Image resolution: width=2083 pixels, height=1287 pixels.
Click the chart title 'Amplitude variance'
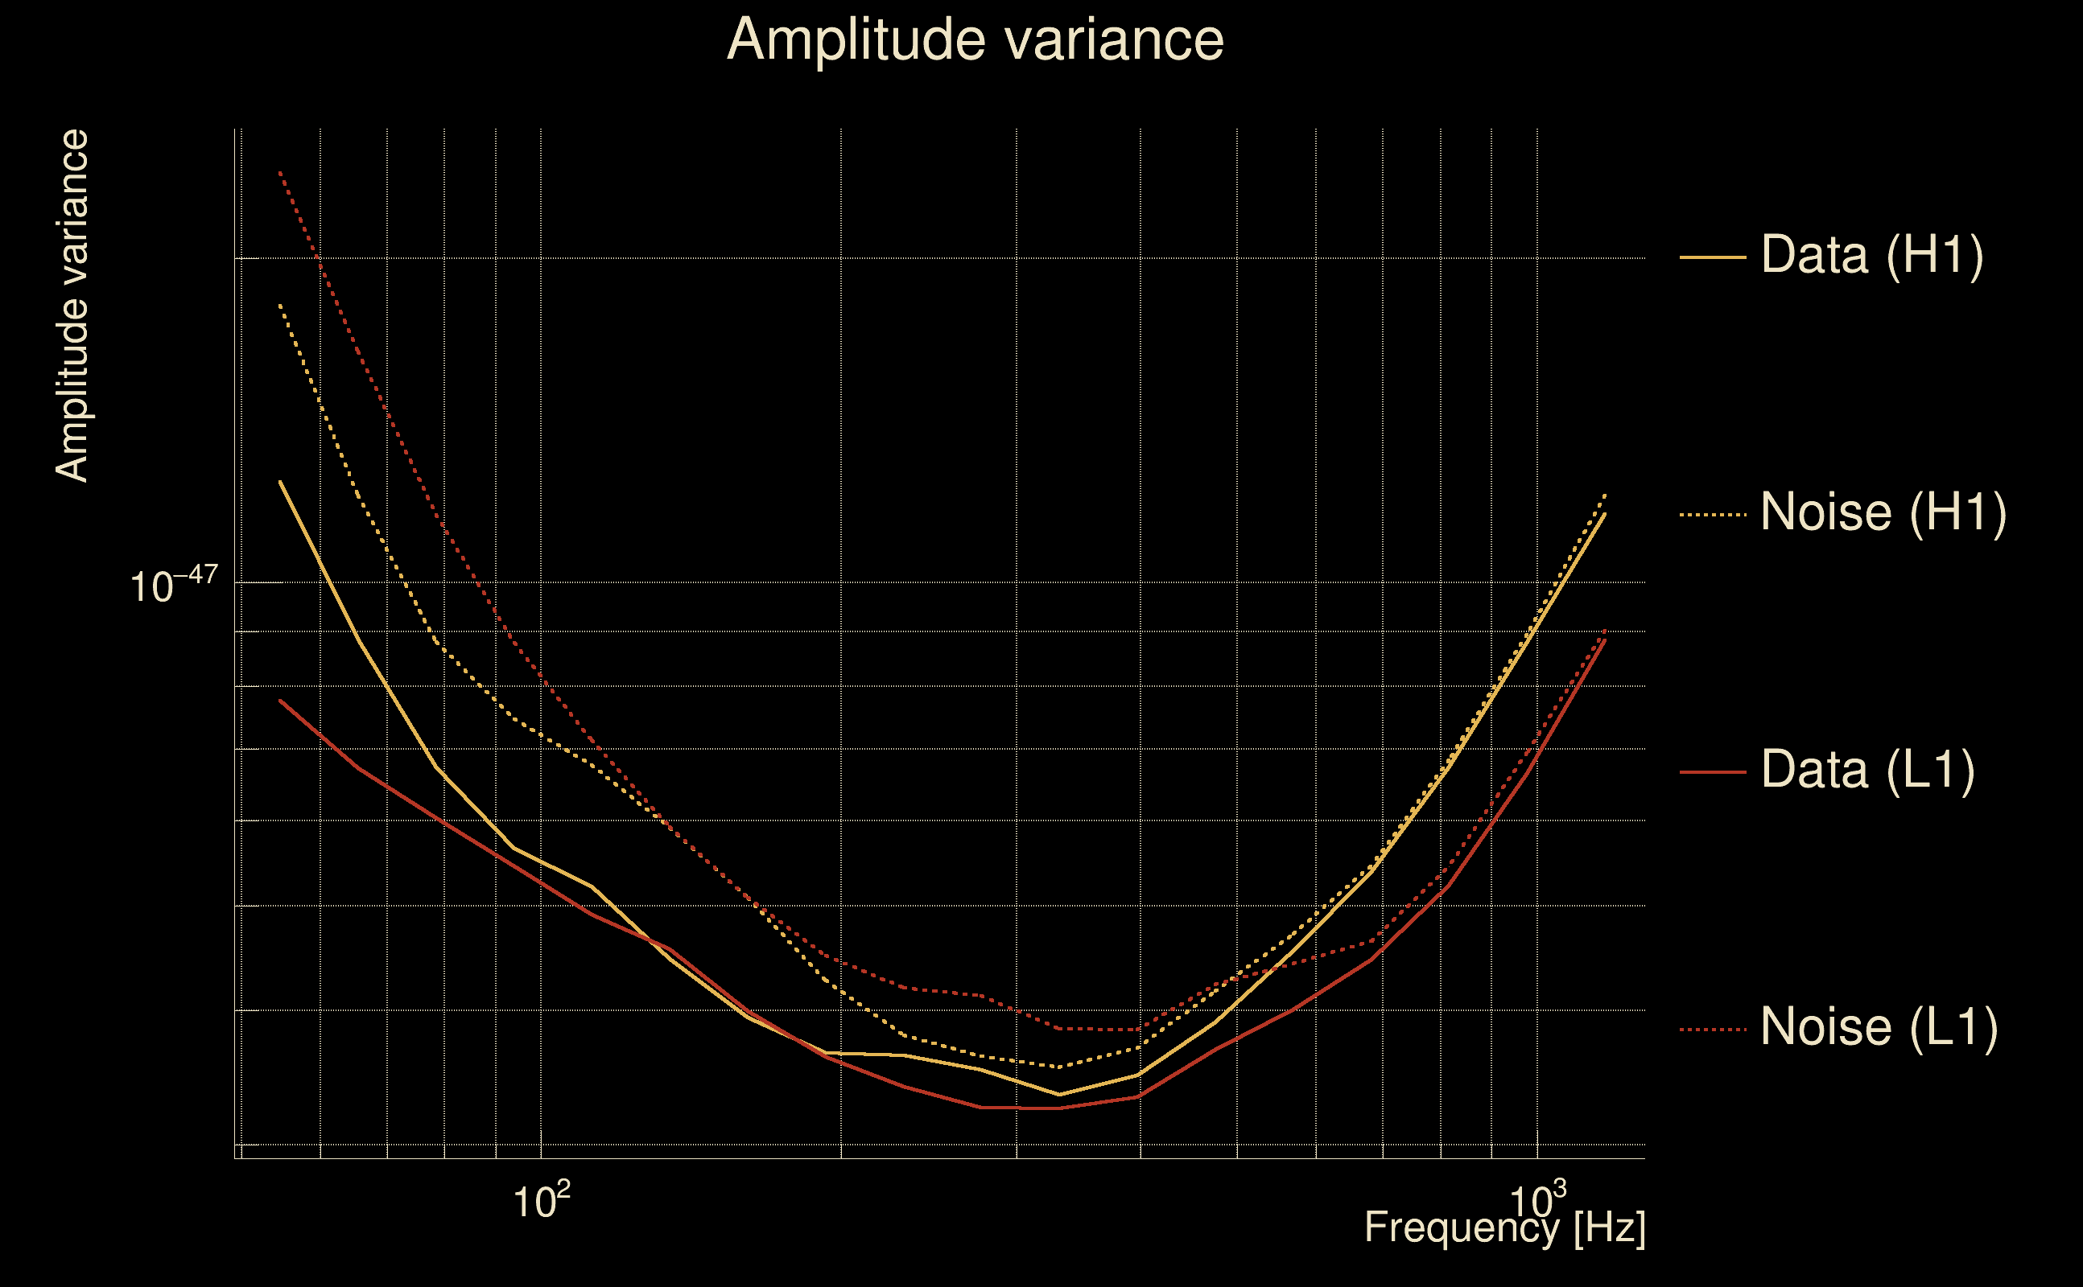[974, 40]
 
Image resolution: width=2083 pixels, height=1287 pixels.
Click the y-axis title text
[72, 306]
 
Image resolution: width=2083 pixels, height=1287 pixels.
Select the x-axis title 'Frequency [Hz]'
[1504, 1228]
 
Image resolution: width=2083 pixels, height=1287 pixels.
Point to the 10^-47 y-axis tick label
[174, 586]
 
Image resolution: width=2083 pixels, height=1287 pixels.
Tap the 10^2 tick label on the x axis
[540, 1201]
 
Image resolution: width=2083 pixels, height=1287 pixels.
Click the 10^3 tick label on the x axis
[1536, 1201]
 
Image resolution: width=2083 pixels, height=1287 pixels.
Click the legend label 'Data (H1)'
[1872, 254]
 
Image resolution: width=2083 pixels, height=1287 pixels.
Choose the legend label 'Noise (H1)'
[1883, 512]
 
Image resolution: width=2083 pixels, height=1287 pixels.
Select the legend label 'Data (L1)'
[1867, 771]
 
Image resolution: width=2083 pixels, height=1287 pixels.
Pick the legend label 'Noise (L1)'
[1879, 1026]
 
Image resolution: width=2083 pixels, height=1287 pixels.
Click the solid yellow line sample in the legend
[1712, 257]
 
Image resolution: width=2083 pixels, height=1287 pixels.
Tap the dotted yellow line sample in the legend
[1712, 515]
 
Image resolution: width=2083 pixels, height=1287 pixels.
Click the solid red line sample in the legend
[1712, 772]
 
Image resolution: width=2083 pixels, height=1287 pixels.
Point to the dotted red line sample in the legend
[1712, 1029]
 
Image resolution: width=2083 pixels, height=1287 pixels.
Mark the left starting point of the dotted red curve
[280, 172]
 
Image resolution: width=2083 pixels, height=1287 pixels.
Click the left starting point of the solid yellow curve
[280, 482]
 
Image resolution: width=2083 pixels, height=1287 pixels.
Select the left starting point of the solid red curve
[280, 701]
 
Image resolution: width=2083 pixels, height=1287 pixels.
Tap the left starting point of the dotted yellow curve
[280, 304]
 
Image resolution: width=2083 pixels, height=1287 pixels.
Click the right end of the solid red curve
[1605, 639]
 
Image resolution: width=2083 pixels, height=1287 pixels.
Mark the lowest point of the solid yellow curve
[1058, 1095]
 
